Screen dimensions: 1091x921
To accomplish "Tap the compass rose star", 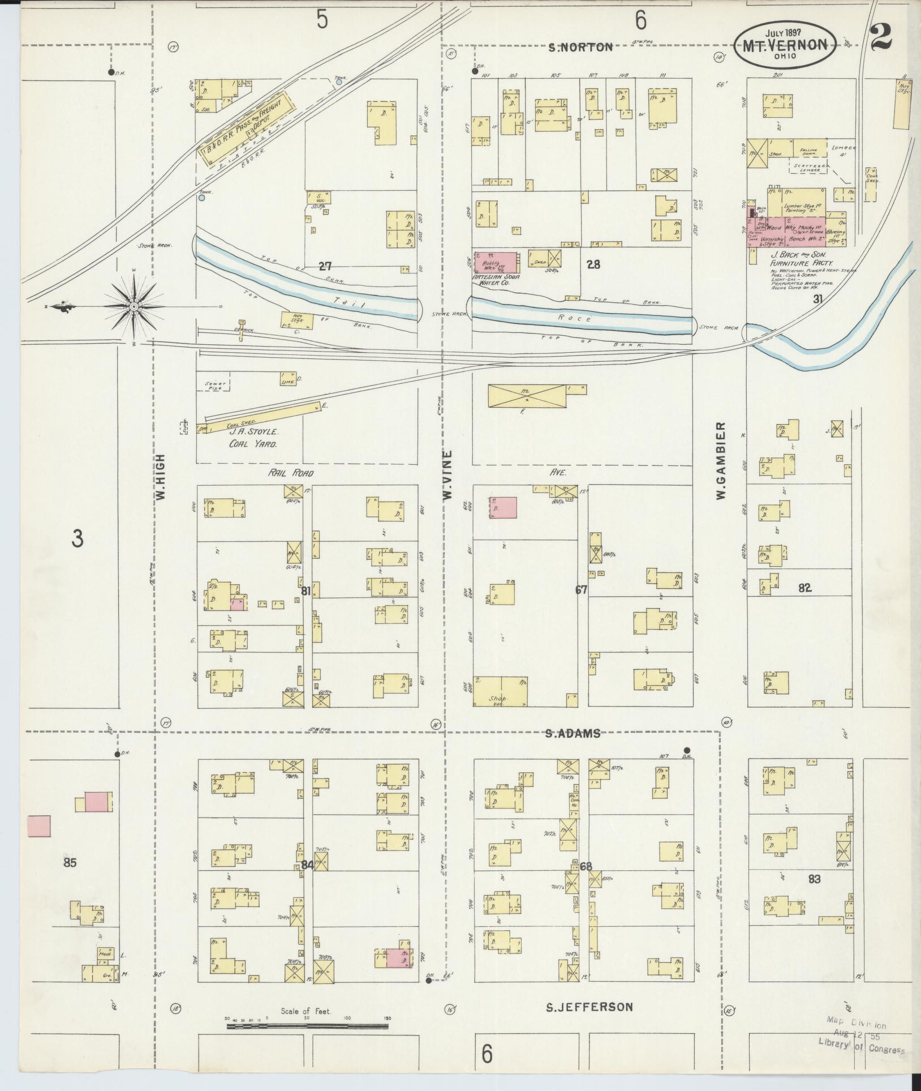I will [134, 307].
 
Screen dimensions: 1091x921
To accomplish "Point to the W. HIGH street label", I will [161, 476].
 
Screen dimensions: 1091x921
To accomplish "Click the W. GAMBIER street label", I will [721, 460].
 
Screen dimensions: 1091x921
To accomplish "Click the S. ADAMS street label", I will [573, 734].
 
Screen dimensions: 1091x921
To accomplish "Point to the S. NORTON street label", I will [581, 48].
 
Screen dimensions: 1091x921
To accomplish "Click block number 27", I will [325, 266].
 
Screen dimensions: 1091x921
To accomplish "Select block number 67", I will [581, 590].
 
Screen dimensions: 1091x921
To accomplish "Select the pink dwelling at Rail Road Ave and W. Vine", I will [503, 508].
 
